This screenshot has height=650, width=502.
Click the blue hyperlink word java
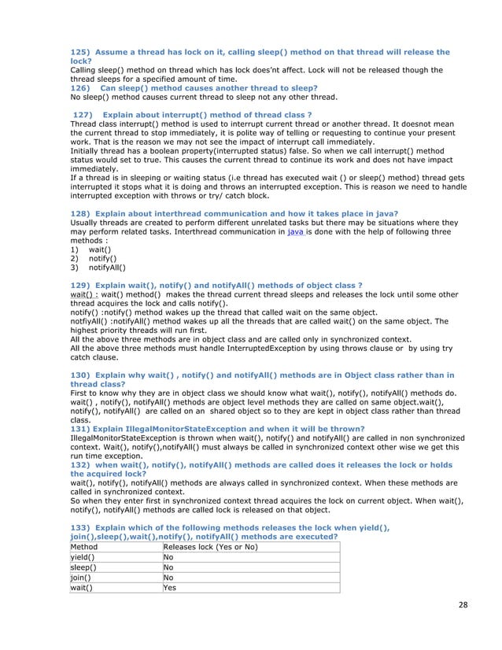click(296, 233)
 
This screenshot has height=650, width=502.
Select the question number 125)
click(80, 52)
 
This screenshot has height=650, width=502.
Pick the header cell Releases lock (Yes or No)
click(209, 546)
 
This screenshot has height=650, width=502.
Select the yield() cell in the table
click(82, 556)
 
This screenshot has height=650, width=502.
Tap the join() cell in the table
click(80, 577)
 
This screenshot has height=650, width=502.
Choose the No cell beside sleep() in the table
click(168, 567)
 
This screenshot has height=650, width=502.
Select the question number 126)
click(80, 87)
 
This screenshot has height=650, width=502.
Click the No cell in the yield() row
click(168, 556)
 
